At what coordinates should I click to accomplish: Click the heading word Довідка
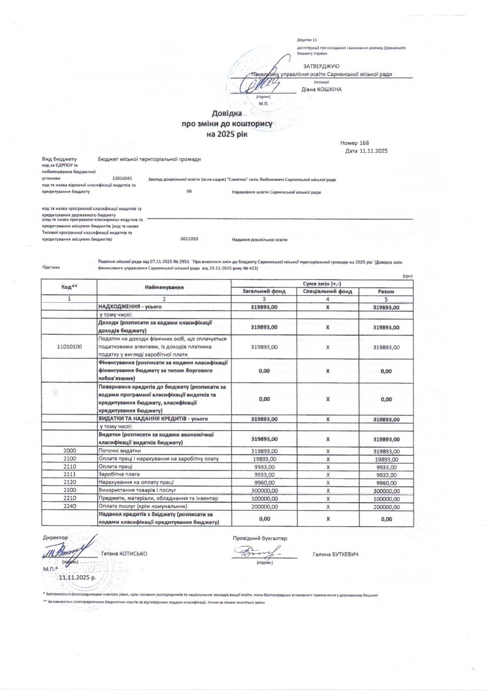(x=227, y=114)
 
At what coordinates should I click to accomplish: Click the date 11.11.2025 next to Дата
(x=373, y=151)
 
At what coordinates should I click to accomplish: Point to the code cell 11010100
(x=69, y=347)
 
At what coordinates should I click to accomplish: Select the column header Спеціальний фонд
(x=328, y=292)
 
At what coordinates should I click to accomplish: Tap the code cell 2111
(x=69, y=475)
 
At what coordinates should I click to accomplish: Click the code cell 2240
(x=69, y=507)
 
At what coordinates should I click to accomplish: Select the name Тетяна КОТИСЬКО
(x=124, y=554)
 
